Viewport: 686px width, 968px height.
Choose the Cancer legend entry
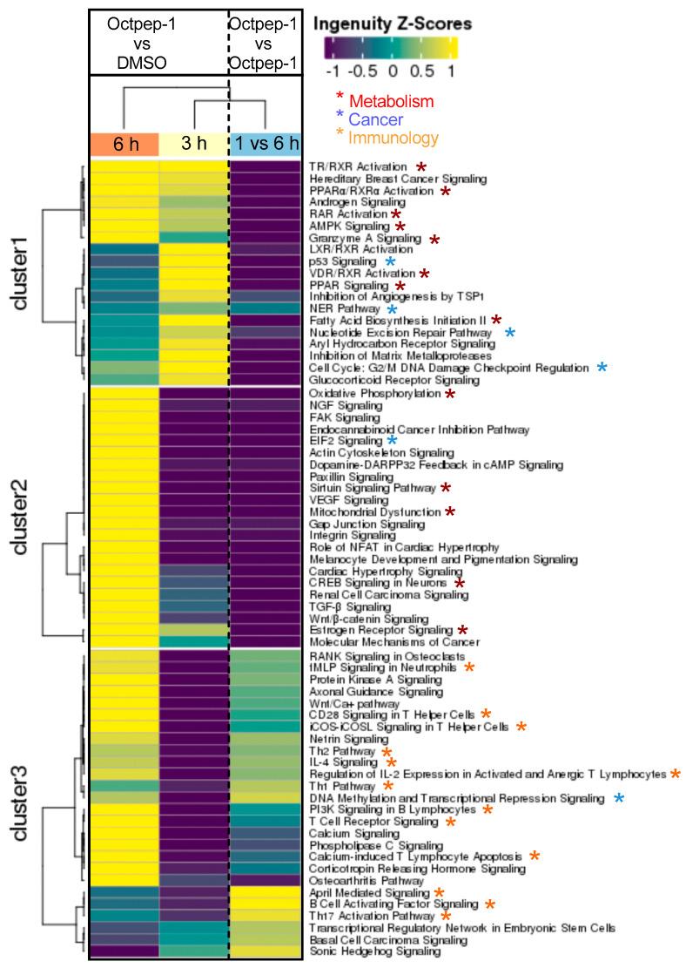[x=374, y=119]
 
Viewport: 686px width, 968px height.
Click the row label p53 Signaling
[x=345, y=261]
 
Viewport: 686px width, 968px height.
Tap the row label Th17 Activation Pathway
[x=372, y=916]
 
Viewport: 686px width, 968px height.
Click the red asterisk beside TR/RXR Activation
[x=420, y=166]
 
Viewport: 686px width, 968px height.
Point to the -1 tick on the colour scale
[x=331, y=69]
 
